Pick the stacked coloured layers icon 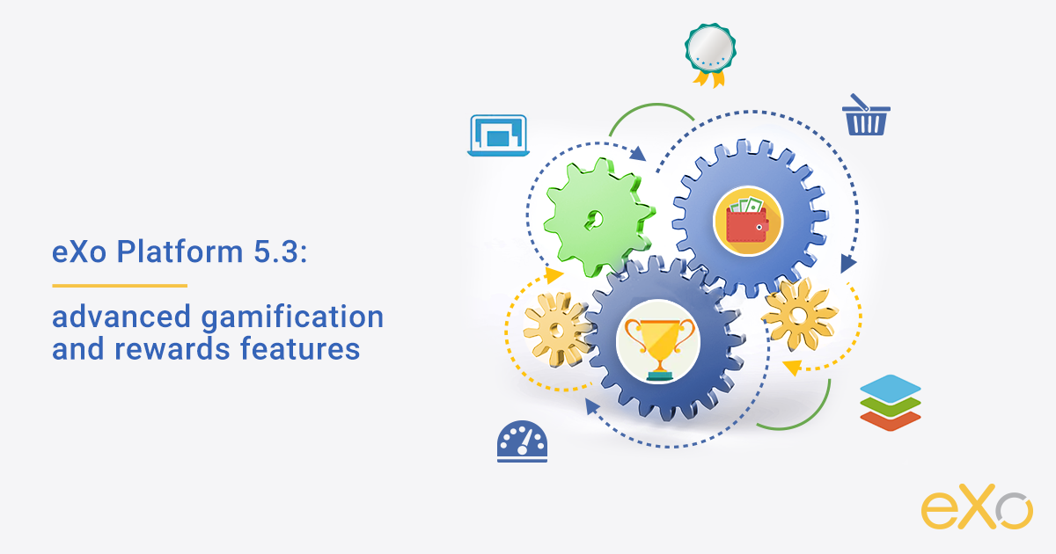pos(890,403)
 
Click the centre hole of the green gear pos(598,215)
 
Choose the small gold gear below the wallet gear pos(798,314)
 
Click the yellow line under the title pos(120,285)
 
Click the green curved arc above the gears pos(651,111)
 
